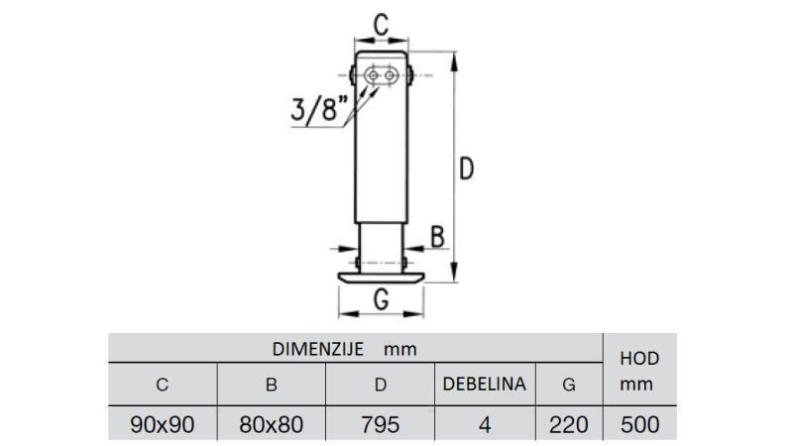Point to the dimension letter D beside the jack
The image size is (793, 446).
[466, 169]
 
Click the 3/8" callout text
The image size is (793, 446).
[319, 108]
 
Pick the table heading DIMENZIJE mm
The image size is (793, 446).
[344, 349]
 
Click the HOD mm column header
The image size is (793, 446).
[637, 371]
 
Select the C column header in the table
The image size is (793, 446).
[163, 385]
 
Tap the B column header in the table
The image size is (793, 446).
[271, 385]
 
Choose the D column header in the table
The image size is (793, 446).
[380, 385]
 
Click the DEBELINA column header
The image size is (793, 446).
[484, 385]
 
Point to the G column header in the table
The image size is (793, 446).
[568, 385]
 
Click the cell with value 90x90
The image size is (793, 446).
[163, 425]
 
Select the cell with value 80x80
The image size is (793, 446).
[271, 425]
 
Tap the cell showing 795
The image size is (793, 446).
[380, 425]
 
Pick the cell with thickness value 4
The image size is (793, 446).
[484, 425]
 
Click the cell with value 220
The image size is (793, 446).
[568, 425]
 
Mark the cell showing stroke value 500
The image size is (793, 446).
[637, 425]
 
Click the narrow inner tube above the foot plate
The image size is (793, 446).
[381, 243]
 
